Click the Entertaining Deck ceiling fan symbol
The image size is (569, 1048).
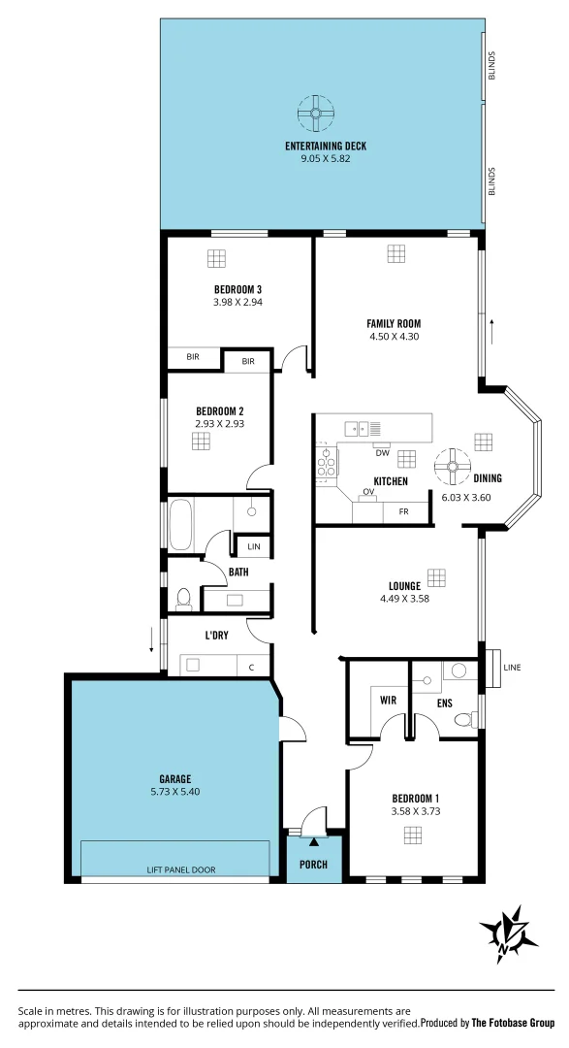316,114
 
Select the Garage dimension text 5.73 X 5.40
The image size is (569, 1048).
174,791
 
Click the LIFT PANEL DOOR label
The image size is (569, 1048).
174,869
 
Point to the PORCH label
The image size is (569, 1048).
313,865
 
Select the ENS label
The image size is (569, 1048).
444,703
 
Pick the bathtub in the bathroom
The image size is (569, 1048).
181,524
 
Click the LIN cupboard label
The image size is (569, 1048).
253,546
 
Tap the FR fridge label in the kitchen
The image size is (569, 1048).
403,511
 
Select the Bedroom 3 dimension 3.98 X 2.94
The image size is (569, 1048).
237,302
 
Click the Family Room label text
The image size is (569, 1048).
394,324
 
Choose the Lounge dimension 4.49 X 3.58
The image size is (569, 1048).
404,599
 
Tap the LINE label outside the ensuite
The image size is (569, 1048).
513,667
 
